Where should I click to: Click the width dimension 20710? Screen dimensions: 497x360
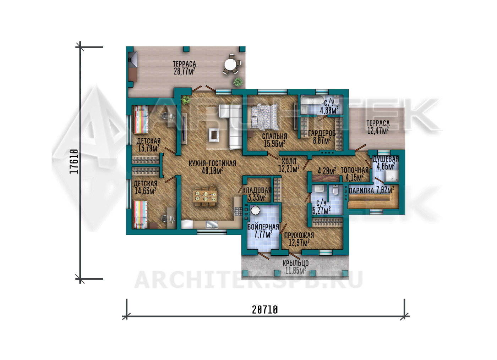click(265, 310)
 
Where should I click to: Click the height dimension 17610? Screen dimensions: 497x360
click(74, 161)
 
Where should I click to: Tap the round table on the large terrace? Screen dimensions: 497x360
click(230, 65)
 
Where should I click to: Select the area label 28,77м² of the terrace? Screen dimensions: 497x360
click(184, 71)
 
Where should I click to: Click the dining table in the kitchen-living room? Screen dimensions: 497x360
click(205, 196)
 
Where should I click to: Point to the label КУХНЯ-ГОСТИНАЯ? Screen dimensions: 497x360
click(212, 164)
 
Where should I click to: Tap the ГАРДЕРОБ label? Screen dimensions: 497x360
click(322, 133)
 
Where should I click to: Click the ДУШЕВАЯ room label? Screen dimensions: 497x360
click(386, 159)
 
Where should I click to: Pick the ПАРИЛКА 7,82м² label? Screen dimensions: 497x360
click(372, 190)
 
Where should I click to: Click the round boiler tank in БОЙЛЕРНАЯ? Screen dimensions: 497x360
click(255, 210)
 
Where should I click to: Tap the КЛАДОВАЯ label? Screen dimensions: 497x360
click(257, 190)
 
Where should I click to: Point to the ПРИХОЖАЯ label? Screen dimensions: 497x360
click(299, 235)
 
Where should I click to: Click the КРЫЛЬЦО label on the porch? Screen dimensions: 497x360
click(295, 263)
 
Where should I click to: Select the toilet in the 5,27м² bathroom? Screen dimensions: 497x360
click(335, 190)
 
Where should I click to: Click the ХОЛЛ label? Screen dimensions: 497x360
click(289, 161)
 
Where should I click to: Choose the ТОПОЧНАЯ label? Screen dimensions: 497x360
click(355, 170)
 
